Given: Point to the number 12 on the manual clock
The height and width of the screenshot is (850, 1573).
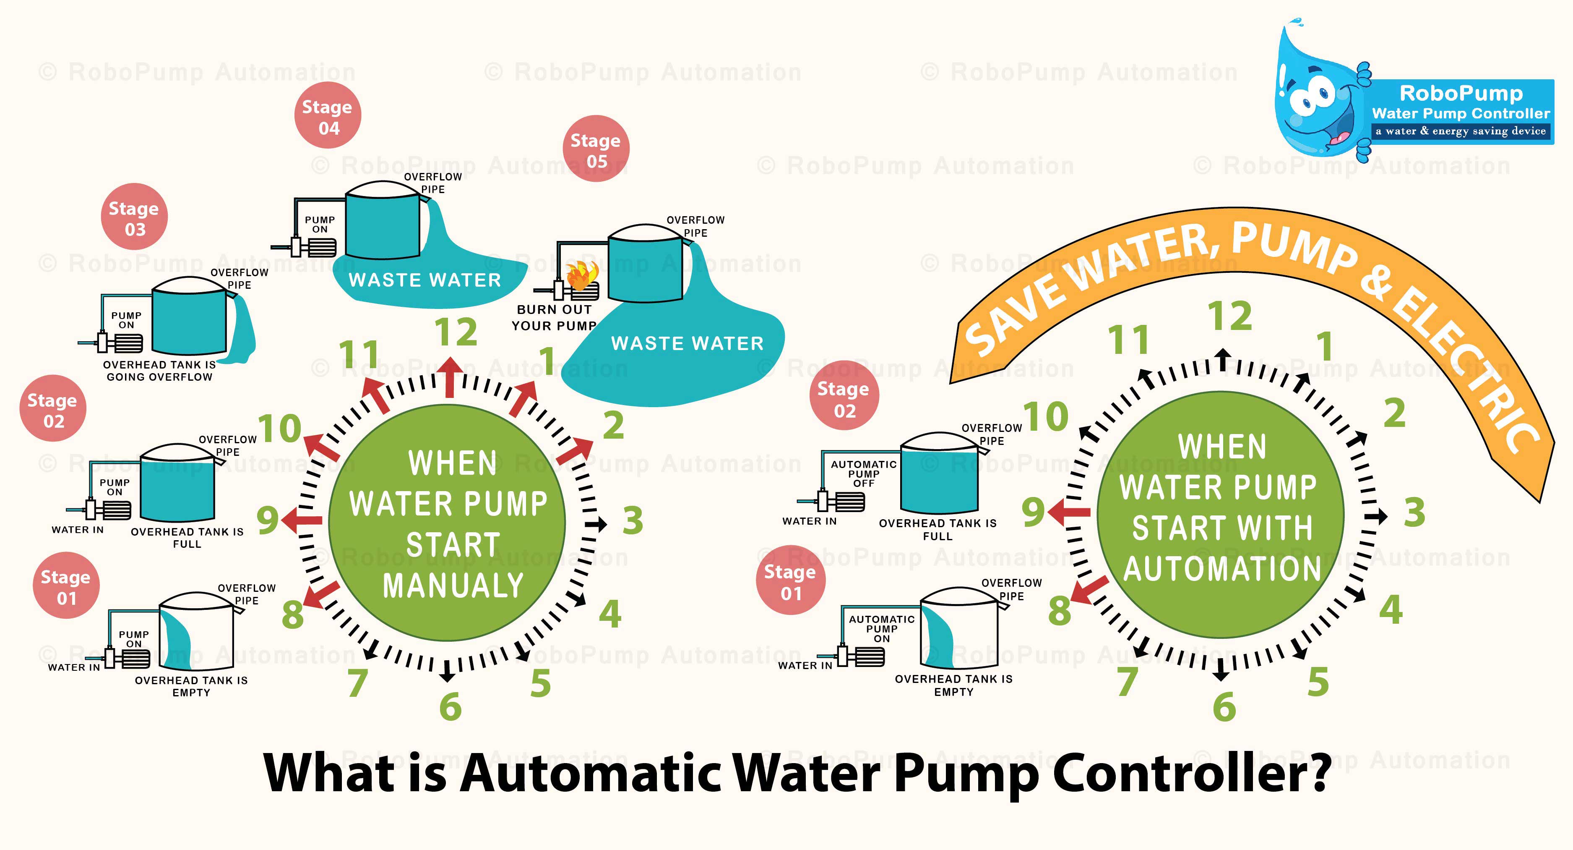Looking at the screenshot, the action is point(456,332).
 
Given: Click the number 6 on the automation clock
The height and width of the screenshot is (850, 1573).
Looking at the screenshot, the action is point(1224,707).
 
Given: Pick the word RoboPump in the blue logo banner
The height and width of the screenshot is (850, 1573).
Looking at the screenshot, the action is point(1461,94).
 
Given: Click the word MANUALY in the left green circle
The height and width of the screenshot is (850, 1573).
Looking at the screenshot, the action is point(453,586).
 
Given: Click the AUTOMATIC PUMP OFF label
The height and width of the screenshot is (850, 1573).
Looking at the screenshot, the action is point(863,473).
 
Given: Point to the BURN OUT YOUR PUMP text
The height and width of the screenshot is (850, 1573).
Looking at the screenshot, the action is point(554,318).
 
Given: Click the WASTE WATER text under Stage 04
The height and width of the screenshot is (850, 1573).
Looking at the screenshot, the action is point(425,280).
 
